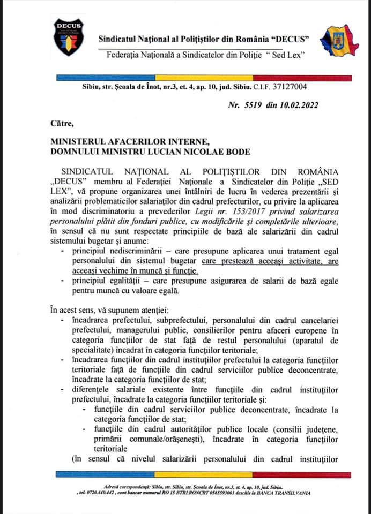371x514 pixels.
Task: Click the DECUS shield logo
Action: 68,37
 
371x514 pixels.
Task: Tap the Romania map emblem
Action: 339,41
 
